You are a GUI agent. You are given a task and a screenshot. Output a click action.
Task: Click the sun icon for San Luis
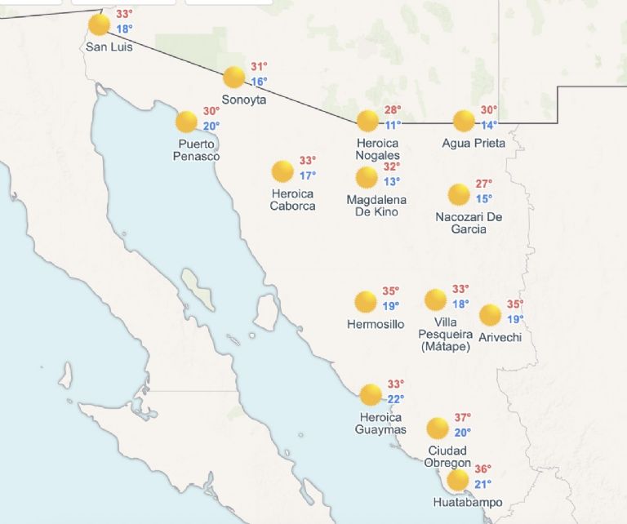(99, 24)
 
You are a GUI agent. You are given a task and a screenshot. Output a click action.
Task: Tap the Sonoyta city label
(244, 100)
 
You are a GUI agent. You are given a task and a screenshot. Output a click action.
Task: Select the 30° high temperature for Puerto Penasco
(211, 111)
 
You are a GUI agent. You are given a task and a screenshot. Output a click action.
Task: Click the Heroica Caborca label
(293, 200)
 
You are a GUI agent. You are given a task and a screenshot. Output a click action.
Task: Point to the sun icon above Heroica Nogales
(367, 121)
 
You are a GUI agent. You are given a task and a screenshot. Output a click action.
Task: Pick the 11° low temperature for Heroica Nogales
(394, 125)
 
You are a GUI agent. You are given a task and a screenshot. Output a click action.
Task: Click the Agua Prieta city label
(474, 144)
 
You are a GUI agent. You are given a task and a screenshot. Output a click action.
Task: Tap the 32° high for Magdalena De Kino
(392, 167)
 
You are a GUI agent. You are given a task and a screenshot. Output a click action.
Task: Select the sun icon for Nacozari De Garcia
(459, 194)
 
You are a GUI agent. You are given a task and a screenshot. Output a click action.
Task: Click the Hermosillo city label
(376, 324)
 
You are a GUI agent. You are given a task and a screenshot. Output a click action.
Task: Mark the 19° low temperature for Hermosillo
(391, 306)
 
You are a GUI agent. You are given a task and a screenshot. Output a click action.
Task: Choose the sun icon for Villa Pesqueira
(436, 300)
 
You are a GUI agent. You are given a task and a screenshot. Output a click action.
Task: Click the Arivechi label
(500, 337)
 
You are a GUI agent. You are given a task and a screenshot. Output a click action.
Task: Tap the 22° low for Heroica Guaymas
(396, 399)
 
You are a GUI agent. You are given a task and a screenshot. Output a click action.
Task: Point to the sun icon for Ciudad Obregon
(438, 429)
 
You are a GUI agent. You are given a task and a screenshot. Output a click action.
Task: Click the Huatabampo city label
(468, 503)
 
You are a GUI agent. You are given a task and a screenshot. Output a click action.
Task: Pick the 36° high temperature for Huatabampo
(483, 469)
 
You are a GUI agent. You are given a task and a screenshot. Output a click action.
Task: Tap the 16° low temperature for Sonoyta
(259, 82)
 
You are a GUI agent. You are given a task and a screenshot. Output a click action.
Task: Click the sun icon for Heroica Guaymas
(371, 395)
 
